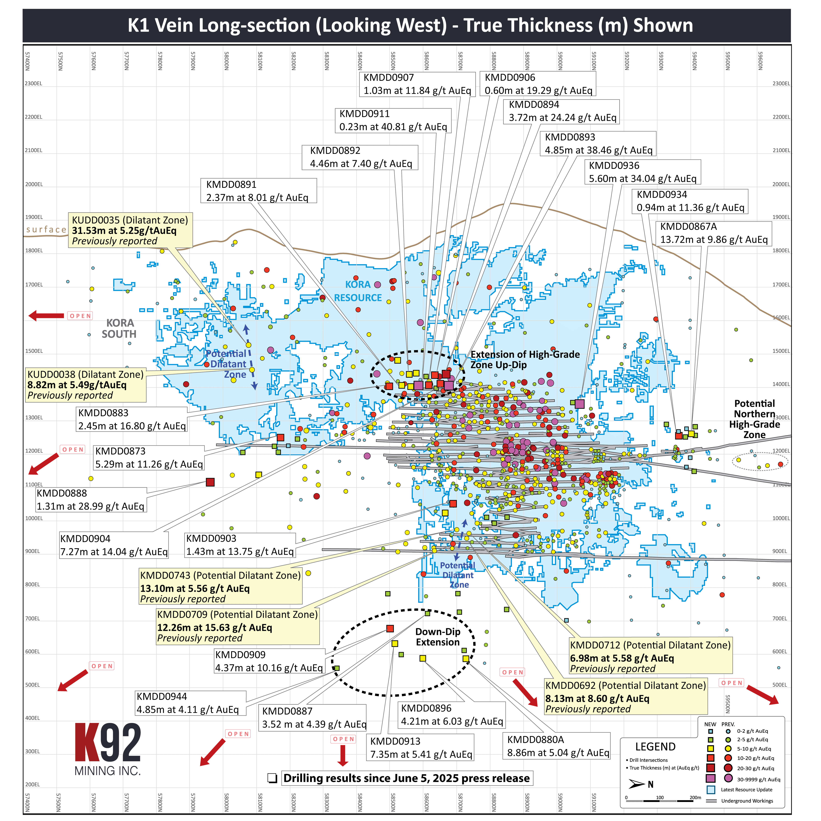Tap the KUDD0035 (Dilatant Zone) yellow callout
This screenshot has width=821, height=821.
(130, 230)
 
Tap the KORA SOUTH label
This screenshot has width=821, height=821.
(119, 329)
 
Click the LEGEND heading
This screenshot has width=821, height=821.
(655, 747)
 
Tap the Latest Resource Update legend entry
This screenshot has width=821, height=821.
(746, 789)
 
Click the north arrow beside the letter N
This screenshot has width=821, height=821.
(636, 784)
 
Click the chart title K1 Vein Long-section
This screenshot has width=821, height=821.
(410, 25)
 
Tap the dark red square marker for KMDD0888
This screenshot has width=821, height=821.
(210, 482)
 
